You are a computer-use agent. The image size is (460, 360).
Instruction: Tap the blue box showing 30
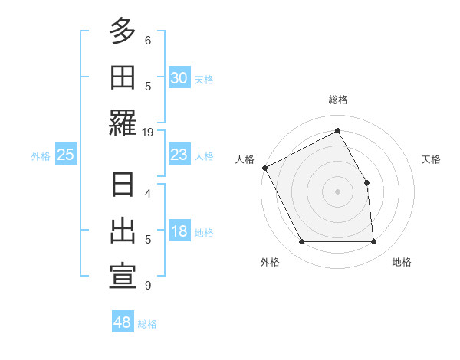tap(179, 78)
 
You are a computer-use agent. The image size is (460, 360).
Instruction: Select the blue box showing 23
tap(179, 155)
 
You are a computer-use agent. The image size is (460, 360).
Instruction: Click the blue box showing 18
tap(179, 232)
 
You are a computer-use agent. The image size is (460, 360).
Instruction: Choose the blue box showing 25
tap(66, 155)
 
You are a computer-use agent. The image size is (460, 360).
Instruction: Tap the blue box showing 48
tap(123, 322)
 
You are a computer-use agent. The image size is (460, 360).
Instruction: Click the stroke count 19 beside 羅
tap(147, 132)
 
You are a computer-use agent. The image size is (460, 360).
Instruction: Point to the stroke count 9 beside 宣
tap(147, 286)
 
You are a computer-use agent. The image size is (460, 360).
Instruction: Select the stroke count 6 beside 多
tap(147, 40)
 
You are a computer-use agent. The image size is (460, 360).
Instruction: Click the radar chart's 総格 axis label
tap(337, 100)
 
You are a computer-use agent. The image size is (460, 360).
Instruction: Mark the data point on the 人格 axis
tap(264, 168)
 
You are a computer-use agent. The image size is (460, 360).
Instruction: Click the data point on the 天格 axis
tap(366, 182)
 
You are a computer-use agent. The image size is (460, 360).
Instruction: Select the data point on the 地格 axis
tap(374, 242)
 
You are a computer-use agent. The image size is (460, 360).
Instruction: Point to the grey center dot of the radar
tap(337, 191)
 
